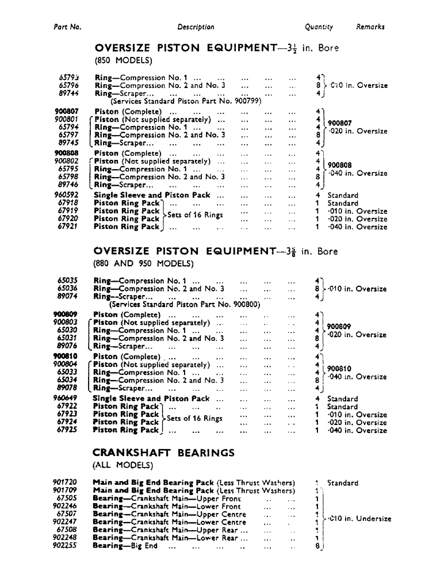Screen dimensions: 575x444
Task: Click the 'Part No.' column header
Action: coord(67,27)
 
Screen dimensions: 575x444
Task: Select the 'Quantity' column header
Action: coord(319,27)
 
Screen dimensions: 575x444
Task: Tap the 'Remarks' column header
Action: coord(370,27)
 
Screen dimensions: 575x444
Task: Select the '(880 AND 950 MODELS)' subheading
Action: coord(142,264)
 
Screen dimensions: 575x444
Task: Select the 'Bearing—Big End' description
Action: coord(125,546)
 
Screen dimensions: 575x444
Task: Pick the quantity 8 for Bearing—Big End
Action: coord(317,546)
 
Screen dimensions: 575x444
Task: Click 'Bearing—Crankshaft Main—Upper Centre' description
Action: coord(169,514)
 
